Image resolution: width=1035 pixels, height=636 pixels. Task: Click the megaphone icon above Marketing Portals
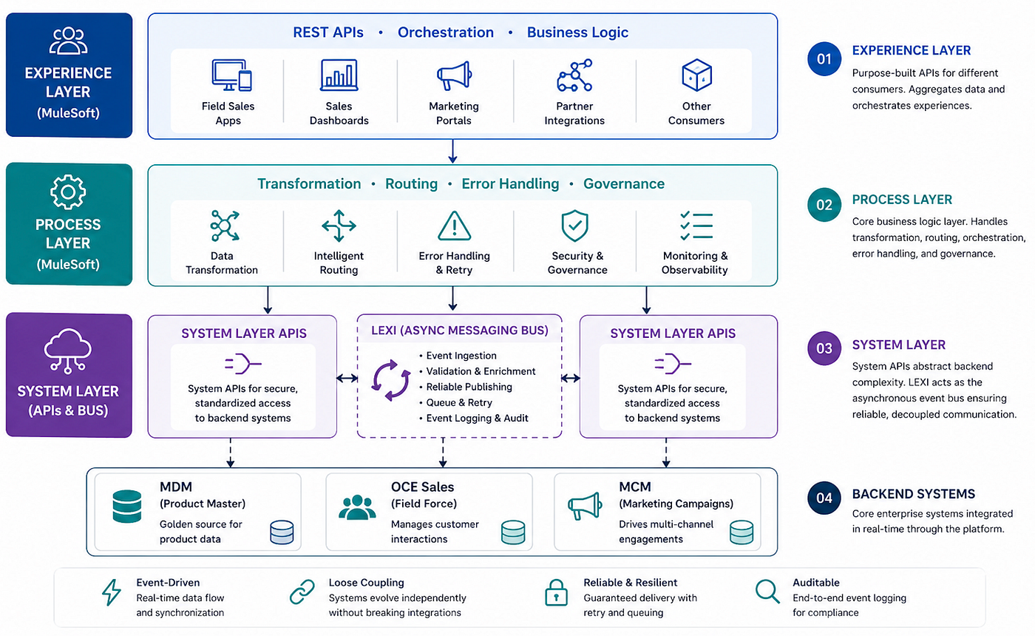tap(454, 75)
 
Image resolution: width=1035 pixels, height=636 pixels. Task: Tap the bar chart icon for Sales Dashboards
tap(339, 75)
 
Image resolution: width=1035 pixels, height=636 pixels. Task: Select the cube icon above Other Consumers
tap(696, 75)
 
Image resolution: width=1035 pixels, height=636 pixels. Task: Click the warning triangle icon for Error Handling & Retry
tap(454, 226)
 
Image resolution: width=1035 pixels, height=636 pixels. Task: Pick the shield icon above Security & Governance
tap(574, 226)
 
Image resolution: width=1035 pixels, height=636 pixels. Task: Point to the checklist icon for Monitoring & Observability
tap(696, 226)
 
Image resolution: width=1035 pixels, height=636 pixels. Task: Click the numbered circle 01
tap(824, 59)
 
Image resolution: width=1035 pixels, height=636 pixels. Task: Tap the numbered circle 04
tap(824, 498)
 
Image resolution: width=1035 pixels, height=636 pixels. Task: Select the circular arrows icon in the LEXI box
tap(391, 380)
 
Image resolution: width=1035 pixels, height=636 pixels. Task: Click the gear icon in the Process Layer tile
tap(68, 192)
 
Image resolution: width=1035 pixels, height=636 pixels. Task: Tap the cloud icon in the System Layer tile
tap(68, 351)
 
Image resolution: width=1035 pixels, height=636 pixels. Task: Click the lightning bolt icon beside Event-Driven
tap(112, 592)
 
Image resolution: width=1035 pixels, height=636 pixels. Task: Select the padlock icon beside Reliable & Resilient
tap(556, 592)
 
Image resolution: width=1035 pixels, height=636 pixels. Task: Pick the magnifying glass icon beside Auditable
tap(767, 592)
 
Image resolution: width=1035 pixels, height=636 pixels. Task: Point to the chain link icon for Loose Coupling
tap(302, 592)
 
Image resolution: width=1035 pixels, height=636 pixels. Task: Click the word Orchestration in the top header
tap(445, 33)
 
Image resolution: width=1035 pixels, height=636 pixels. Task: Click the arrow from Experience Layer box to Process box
tap(452, 151)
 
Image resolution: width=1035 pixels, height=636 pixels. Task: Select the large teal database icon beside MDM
tap(127, 507)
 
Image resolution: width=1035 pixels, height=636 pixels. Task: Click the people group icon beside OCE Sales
tap(357, 508)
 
